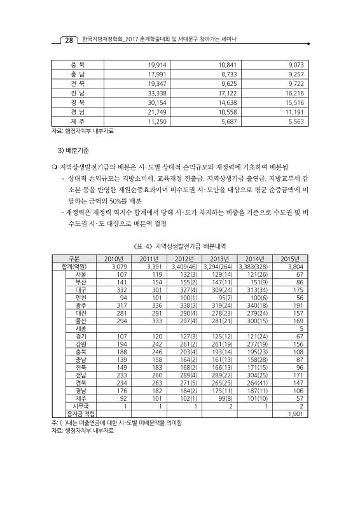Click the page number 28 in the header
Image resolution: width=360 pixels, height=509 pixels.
click(x=68, y=41)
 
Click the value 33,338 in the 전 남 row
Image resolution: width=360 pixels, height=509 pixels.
click(x=156, y=92)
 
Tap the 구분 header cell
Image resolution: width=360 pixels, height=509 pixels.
click(x=73, y=258)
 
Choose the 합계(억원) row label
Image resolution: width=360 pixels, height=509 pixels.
click(x=73, y=266)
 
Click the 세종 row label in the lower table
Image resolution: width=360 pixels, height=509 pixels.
click(x=81, y=329)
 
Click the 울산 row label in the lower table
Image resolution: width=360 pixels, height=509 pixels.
click(x=81, y=321)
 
